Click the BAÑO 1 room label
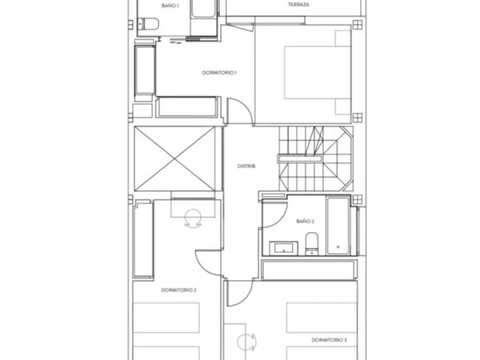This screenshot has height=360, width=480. point(170,6)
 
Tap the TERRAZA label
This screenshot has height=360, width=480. point(298,5)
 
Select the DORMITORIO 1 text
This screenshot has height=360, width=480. point(219,73)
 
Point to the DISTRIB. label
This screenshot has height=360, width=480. point(246,166)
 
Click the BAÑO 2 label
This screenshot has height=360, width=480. point(306,221)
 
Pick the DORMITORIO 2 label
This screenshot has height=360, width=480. point(178,290)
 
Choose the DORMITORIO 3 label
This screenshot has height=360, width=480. point(330,340)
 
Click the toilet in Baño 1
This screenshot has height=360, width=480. point(148,24)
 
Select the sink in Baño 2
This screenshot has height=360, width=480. point(283,248)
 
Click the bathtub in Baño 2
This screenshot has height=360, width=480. point(338,226)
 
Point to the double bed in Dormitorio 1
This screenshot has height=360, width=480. point(318,73)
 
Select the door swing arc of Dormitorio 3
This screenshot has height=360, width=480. point(245,297)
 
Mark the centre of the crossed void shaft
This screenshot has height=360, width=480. point(174,159)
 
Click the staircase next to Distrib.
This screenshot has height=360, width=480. point(316,158)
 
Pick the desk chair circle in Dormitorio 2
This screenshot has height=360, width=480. point(193,218)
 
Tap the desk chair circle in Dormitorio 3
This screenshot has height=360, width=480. point(246,342)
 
